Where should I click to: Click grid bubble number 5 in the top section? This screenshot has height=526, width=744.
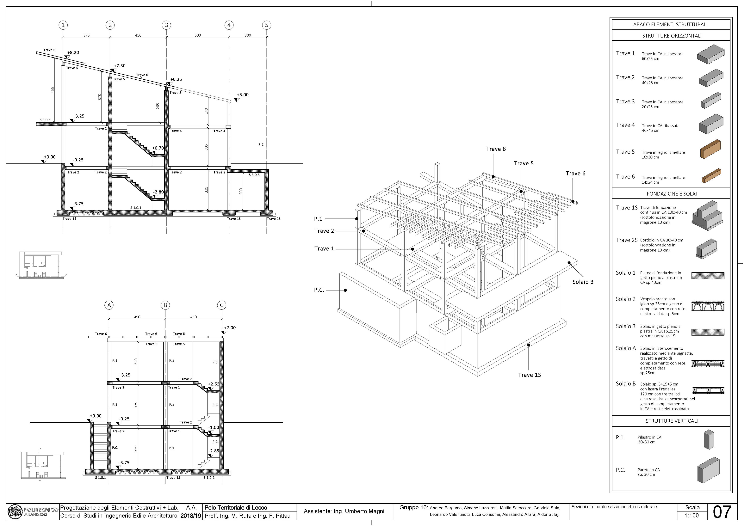(266, 25)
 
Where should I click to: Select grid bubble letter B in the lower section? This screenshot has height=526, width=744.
(165, 305)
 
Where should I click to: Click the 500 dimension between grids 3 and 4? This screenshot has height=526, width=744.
(198, 35)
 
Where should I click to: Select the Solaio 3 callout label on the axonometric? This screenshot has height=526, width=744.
(583, 282)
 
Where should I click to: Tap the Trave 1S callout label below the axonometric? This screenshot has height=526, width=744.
(529, 375)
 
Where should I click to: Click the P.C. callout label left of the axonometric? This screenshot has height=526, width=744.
(319, 290)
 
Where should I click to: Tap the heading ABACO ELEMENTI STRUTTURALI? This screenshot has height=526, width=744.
(670, 24)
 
